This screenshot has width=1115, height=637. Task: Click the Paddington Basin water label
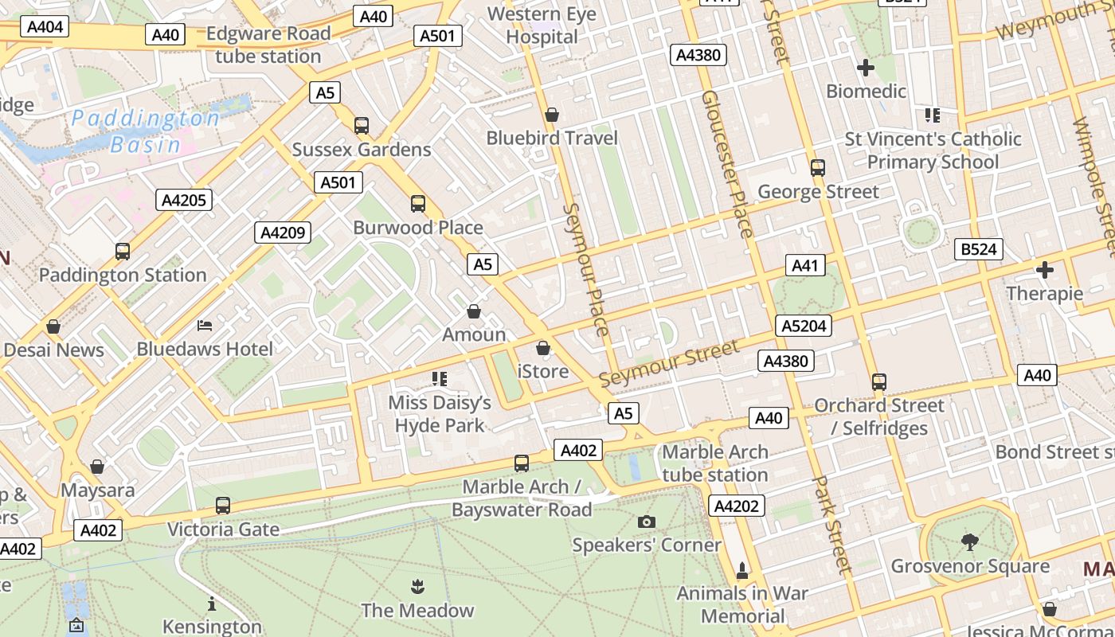[145, 131]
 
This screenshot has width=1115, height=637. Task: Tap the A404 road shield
[45, 27]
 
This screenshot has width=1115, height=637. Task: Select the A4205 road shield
[184, 200]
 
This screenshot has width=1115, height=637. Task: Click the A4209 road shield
[283, 233]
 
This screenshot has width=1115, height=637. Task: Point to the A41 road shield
[804, 266]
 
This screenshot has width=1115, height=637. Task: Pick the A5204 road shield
[804, 326]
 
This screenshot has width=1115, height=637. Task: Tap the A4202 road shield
[737, 506]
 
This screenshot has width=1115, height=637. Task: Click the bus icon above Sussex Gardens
[362, 125]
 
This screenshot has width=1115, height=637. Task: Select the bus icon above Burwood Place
[418, 203]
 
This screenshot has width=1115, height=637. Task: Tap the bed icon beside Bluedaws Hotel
[205, 325]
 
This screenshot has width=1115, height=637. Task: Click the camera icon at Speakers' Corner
[647, 522]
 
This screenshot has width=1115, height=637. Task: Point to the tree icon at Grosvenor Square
[969, 542]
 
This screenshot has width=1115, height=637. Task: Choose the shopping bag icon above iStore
[543, 348]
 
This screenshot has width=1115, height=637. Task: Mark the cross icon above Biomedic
[866, 68]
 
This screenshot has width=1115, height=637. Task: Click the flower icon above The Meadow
[417, 588]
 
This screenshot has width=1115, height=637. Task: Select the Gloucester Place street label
[726, 163]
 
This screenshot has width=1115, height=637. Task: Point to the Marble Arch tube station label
[715, 463]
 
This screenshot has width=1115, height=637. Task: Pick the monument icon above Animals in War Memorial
[742, 570]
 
